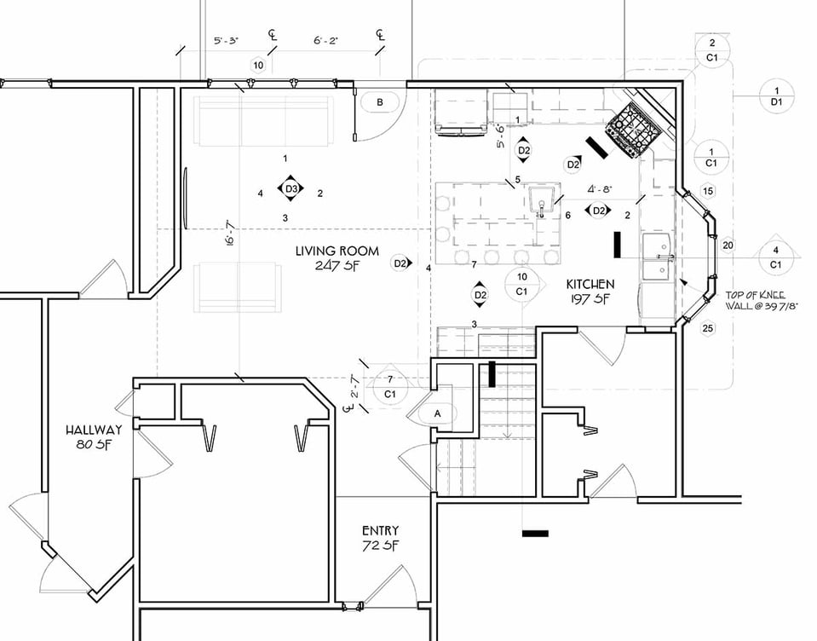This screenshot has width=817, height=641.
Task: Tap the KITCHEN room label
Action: (x=590, y=283)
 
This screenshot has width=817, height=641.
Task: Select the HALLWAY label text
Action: (x=94, y=430)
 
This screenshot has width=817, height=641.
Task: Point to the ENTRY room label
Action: (x=380, y=530)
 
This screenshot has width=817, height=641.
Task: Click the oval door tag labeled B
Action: (x=380, y=101)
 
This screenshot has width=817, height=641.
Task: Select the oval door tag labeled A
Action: (x=439, y=413)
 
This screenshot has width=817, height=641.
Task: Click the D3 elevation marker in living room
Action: (x=291, y=188)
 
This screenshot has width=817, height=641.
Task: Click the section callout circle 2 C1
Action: (x=712, y=50)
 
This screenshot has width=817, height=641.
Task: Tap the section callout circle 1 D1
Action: (x=776, y=96)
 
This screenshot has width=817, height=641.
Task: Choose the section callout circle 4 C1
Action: (x=775, y=257)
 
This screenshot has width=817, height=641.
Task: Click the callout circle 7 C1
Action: (x=390, y=386)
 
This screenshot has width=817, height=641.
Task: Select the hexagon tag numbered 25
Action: (x=707, y=328)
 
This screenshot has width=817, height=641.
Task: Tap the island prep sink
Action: (x=541, y=200)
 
